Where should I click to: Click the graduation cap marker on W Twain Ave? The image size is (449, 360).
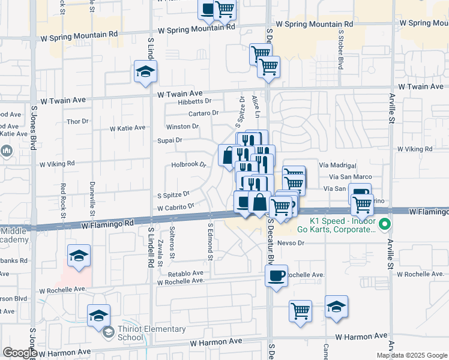145,73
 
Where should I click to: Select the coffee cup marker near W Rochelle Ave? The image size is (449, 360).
276,276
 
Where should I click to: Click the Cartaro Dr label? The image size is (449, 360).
203,113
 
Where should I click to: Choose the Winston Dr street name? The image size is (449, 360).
182,127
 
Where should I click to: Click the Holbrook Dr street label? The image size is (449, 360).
189,164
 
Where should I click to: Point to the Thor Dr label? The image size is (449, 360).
77,121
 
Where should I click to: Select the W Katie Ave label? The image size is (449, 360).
127,128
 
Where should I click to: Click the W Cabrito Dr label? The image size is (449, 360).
176,206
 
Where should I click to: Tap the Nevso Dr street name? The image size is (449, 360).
292,243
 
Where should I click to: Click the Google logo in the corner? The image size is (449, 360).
20,353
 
